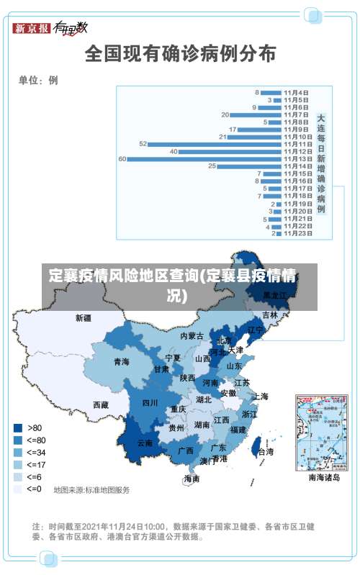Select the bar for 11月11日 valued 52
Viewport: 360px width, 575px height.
215,144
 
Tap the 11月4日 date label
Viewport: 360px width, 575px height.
296,92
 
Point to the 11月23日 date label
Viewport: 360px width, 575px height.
297,233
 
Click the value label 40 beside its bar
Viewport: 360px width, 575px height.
174,151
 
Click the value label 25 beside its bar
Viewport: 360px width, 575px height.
212,166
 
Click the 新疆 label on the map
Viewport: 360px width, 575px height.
84,317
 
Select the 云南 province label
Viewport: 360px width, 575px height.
145,443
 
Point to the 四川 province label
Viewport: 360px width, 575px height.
150,403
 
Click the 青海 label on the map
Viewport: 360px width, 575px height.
121,362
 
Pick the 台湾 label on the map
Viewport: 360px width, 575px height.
265,452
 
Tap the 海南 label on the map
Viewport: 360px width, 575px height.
192,479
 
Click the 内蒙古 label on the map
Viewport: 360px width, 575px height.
192,336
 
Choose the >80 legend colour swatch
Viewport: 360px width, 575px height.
18,427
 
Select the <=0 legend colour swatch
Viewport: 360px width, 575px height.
18,489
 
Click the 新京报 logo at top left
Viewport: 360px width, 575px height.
32,28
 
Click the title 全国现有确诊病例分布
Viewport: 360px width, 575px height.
180,53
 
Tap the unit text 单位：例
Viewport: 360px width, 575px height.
38,80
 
